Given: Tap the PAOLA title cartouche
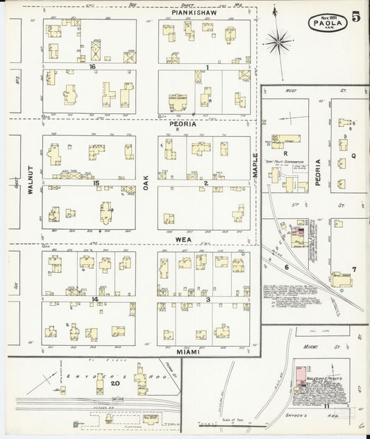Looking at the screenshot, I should click(x=325, y=22).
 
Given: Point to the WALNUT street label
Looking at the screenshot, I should click(x=31, y=182).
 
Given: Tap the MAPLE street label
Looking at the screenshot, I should click(x=254, y=164).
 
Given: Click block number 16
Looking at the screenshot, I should click(x=92, y=67).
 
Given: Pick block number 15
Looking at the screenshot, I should click(x=97, y=183).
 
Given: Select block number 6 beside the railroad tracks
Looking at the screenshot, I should click(x=286, y=266).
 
